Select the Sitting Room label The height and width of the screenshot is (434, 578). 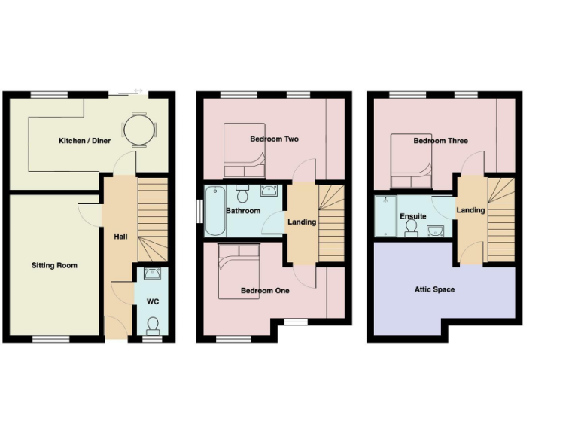pyautogui.click(x=54, y=265)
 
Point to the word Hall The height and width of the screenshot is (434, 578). pyautogui.click(x=120, y=237)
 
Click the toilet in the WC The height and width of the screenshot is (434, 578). pyautogui.click(x=153, y=325)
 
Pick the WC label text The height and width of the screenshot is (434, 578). pyautogui.click(x=153, y=302)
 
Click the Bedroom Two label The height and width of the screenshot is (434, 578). pyautogui.click(x=275, y=139)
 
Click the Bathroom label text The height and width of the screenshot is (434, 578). pyautogui.click(x=243, y=211)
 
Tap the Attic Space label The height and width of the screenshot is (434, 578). pyautogui.click(x=434, y=289)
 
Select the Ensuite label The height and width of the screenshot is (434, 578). pyautogui.click(x=413, y=216)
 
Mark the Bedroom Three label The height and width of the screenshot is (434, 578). pyautogui.click(x=440, y=141)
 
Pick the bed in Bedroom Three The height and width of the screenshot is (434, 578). pyautogui.click(x=411, y=160)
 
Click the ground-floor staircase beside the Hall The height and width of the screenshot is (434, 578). pyautogui.click(x=154, y=219)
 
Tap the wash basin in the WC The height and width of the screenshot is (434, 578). pyautogui.click(x=153, y=274)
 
